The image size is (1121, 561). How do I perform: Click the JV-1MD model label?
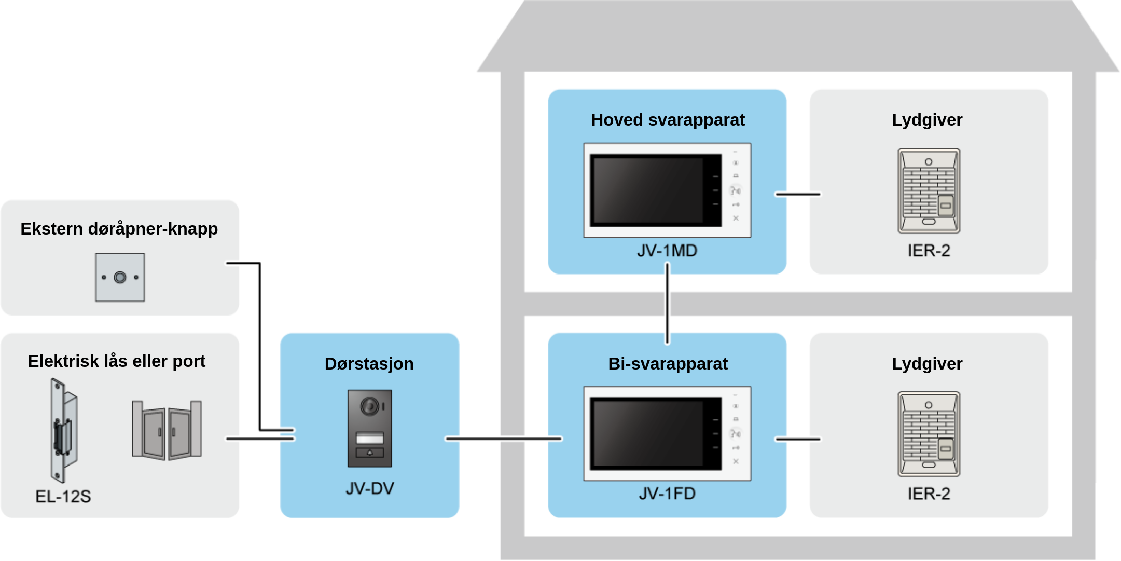pyautogui.click(x=667, y=251)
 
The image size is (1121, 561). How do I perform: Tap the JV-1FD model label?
pyautogui.click(x=667, y=494)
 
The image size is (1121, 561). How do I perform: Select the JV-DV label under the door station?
pyautogui.click(x=370, y=488)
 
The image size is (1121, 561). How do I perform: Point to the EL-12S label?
pyautogui.click(x=63, y=497)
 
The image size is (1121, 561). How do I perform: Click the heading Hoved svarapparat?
pyautogui.click(x=668, y=120)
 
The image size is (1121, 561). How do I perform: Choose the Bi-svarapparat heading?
pyautogui.click(x=668, y=364)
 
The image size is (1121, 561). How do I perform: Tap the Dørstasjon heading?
pyautogui.click(x=369, y=364)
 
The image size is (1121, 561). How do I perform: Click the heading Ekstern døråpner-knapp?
pyautogui.click(x=119, y=229)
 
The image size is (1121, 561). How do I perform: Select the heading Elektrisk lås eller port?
pyautogui.click(x=117, y=361)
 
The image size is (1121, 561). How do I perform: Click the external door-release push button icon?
pyautogui.click(x=120, y=278)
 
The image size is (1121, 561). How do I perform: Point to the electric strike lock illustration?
pyautogui.click(x=63, y=430)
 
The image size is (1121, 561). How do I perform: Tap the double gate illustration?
pyautogui.click(x=167, y=430)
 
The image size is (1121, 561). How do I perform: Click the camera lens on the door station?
pyautogui.click(x=370, y=406)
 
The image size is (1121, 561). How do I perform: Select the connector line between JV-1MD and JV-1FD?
pyautogui.click(x=667, y=304)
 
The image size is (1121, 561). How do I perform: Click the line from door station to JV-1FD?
pyautogui.click(x=504, y=439)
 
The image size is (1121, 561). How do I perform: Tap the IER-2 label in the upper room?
pyautogui.click(x=929, y=251)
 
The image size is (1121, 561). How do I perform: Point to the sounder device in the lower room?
pyautogui.click(x=929, y=434)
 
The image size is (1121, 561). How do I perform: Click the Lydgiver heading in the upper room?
pyautogui.click(x=927, y=120)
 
